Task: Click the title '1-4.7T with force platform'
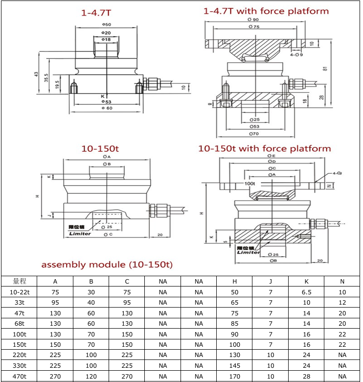pos(266,11)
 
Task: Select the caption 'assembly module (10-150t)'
pos(107,264)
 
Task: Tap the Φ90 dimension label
pos(253,20)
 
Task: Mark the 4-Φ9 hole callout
pos(296,55)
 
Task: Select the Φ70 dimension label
pos(253,133)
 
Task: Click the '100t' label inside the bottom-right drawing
pos(250,184)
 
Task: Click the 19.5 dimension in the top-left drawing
pos(57,84)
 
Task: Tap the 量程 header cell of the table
pos(19,281)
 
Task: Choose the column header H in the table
pos(234,281)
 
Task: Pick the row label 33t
pos(19,303)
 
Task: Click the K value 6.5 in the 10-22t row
pos(306,292)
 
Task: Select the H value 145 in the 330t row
pos(234,366)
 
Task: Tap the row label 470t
pos(19,377)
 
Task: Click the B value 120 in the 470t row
pos(91,377)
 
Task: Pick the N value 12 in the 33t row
pos(342,303)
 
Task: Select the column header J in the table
pos(270,281)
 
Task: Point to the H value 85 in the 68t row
pos(234,324)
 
